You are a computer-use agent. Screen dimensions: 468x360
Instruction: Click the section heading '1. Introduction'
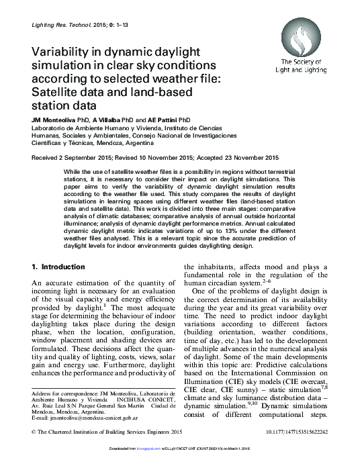pyautogui.click(x=60, y=267)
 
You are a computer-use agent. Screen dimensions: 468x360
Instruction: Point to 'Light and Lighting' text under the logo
pyautogui.click(x=300, y=69)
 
